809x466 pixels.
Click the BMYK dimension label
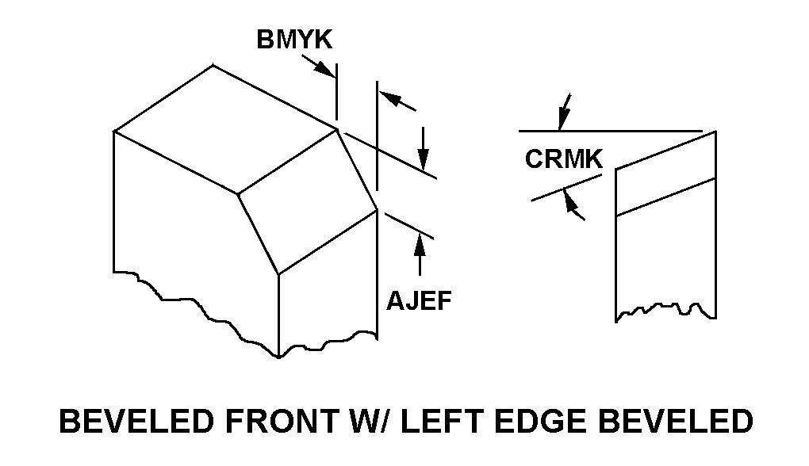294,40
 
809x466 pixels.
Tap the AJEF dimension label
420,301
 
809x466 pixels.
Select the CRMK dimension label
564,159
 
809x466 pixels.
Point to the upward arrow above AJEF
420,245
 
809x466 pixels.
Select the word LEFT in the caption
447,421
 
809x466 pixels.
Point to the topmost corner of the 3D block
213,65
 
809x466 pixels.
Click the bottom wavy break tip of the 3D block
278,357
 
